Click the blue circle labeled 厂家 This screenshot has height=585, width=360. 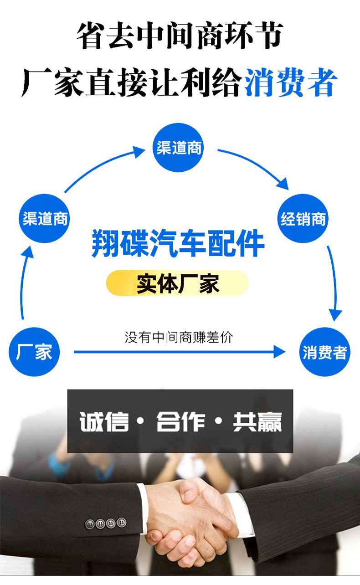click(34, 352)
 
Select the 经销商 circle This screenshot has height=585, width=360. click(303, 219)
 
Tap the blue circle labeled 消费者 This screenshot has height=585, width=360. click(325, 352)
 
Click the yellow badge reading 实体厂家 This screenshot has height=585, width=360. click(178, 283)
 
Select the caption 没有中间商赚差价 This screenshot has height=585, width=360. click(178, 338)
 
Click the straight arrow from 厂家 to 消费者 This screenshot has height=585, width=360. click(178, 352)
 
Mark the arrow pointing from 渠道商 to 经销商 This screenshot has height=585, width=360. click(255, 166)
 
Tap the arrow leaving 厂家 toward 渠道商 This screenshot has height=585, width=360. click(24, 282)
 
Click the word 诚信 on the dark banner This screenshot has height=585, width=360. click(104, 422)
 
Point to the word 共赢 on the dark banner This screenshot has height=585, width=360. click(257, 422)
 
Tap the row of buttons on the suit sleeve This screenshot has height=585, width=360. click(105, 523)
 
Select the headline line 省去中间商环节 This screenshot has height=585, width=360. click(180, 36)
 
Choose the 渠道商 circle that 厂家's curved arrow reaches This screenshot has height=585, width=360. click(45, 219)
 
